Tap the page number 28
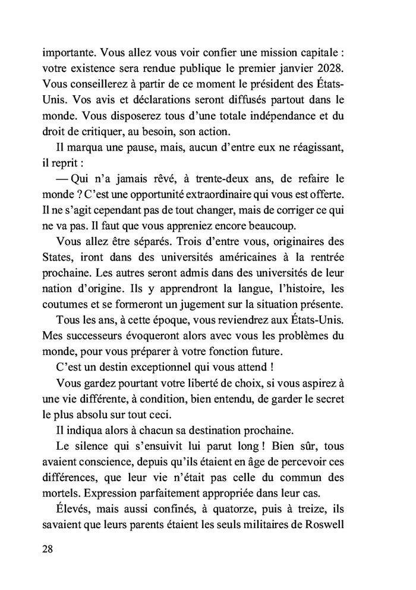point(49,548)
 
